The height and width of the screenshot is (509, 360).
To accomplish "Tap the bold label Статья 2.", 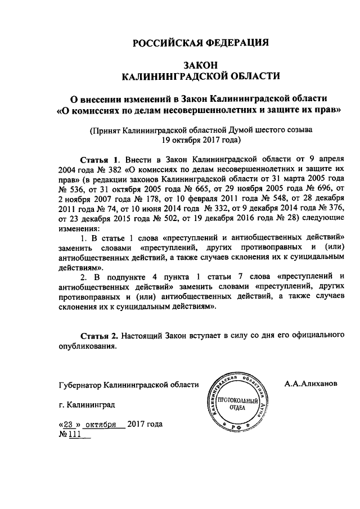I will (99, 335).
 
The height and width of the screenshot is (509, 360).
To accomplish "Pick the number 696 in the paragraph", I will (323, 188).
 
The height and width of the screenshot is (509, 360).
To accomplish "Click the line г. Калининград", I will (88, 404).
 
